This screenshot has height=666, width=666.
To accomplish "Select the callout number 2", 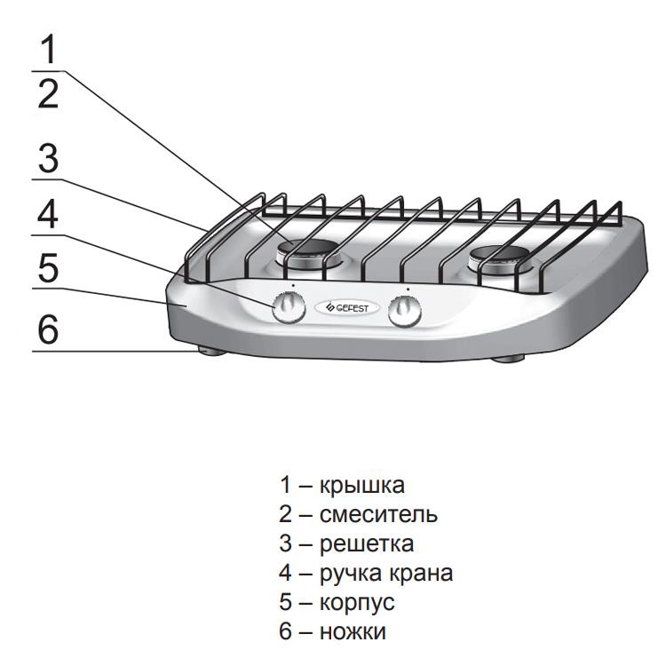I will tap(49, 93).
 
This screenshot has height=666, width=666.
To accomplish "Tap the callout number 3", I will tap(49, 160).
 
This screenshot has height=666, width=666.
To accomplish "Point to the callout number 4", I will tap(49, 215).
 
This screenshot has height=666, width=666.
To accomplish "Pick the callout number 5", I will tap(49, 269).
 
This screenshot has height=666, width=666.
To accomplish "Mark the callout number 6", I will tap(49, 330).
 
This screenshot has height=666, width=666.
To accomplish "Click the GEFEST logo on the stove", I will tap(347, 307).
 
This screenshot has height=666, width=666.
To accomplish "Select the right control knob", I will tap(408, 309).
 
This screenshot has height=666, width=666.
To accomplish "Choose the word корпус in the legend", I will tap(356, 602).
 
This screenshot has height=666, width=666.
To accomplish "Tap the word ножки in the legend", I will tap(352, 631).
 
